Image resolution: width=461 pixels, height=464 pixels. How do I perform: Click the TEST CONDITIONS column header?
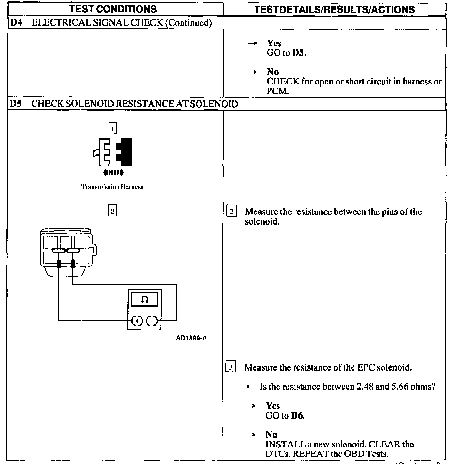coord(113,9)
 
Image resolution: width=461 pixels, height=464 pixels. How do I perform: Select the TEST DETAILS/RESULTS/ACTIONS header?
coord(334,9)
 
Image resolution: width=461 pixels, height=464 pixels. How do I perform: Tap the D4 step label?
coord(16,23)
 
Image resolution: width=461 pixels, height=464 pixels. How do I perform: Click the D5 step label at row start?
coord(16,104)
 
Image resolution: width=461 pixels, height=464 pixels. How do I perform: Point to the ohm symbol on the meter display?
coord(145,300)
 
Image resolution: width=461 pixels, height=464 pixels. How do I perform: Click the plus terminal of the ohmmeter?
coord(137,320)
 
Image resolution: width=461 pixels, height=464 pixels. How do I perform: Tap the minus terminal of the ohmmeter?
coord(152,320)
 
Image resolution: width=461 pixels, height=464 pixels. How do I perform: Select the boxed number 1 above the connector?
coord(113,128)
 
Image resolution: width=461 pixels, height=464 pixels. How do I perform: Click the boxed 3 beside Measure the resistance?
coord(231,367)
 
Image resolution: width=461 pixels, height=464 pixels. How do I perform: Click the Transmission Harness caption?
coord(112,187)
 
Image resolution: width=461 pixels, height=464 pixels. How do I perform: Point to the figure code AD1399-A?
coord(191,338)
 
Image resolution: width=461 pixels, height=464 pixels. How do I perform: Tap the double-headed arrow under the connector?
coord(113,173)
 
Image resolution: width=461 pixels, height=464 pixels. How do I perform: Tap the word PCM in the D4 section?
coord(277,91)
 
